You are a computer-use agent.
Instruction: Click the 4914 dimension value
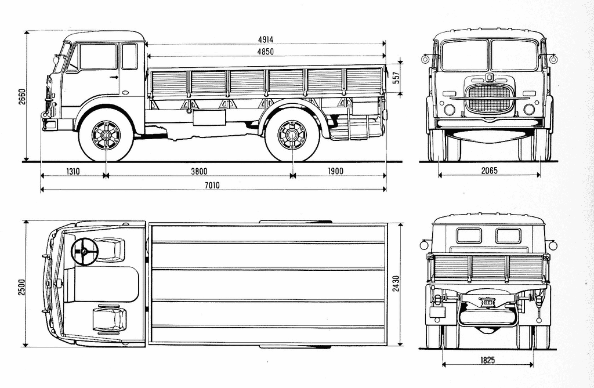coord(266,39)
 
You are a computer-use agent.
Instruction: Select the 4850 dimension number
coord(266,52)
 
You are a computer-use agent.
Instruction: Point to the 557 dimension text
coord(397,78)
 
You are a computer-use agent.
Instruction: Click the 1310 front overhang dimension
coord(73,171)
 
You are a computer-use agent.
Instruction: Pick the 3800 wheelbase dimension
coord(198,171)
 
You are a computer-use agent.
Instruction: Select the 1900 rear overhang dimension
coord(335,171)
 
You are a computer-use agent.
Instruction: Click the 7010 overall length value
coord(212,185)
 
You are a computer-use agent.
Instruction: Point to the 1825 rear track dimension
coord(487,360)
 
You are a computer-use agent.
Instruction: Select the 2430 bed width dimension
coord(397,284)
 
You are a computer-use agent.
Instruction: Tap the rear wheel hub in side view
coord(291,136)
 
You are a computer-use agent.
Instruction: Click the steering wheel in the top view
coord(85,251)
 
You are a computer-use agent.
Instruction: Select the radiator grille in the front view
coord(489,98)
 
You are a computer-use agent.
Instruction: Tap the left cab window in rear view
coord(469,235)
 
